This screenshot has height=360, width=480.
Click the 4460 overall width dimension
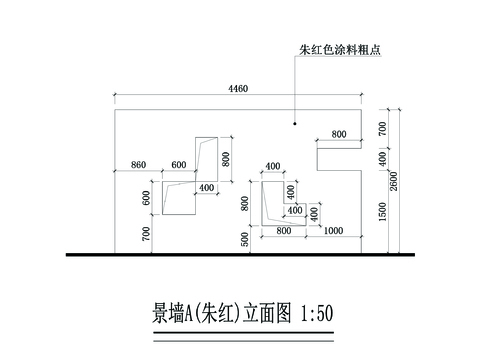pyautogui.click(x=238, y=89)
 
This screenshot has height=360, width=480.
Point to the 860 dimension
pyautogui.click(x=138, y=164)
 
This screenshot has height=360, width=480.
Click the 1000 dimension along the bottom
pyautogui.click(x=334, y=231)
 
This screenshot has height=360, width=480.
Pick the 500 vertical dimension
pyautogui.click(x=245, y=240)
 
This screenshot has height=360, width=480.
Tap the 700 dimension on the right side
pyautogui.click(x=382, y=127)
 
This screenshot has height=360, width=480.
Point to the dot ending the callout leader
pyautogui.click(x=294, y=124)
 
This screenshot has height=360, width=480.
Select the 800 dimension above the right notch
pyautogui.click(x=339, y=134)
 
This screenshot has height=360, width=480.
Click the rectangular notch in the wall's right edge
pyautogui.click(x=338, y=157)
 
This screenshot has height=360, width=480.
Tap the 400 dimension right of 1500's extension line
pyautogui.click(x=382, y=158)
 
